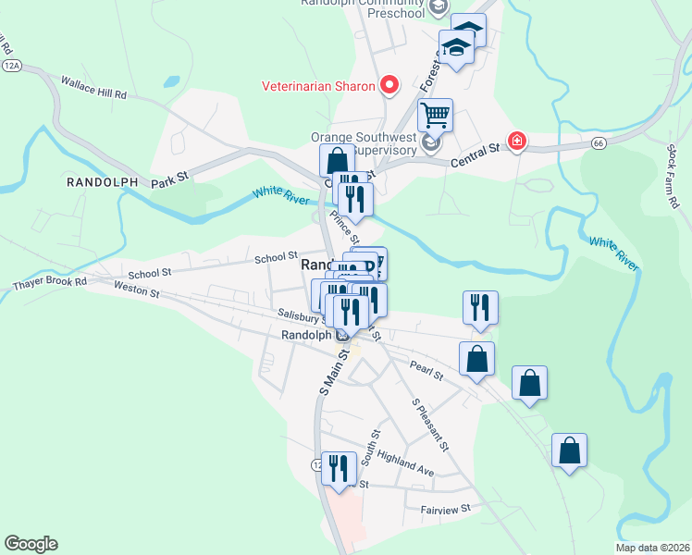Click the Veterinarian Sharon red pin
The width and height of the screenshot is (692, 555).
point(389,86)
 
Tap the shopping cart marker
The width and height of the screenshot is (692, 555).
point(435,117)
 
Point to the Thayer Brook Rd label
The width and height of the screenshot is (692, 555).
point(49,282)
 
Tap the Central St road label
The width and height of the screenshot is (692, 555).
point(475,154)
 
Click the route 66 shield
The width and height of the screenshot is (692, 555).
point(599,143)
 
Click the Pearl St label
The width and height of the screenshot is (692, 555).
point(426,370)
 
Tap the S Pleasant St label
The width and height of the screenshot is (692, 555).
point(430,425)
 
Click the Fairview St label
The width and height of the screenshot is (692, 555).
point(446,508)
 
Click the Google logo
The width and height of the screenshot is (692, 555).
point(31,544)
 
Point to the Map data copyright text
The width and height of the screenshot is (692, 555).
point(651,547)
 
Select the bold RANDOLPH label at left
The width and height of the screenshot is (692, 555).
point(102,182)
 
